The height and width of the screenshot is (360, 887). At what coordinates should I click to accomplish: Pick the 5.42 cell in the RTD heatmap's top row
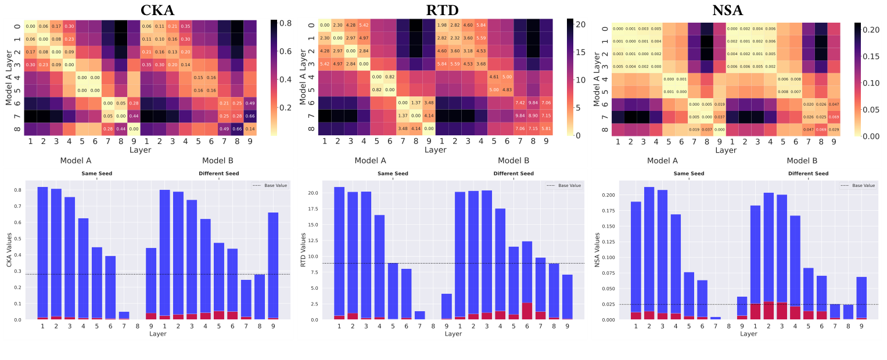click(x=364, y=26)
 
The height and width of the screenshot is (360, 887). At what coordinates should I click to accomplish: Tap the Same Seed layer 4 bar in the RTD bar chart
click(x=379, y=267)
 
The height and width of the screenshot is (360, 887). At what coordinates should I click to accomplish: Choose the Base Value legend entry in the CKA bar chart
click(x=270, y=185)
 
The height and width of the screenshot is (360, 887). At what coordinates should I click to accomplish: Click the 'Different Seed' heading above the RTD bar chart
click(x=513, y=174)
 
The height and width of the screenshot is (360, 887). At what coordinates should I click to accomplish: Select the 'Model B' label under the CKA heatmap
click(x=218, y=160)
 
